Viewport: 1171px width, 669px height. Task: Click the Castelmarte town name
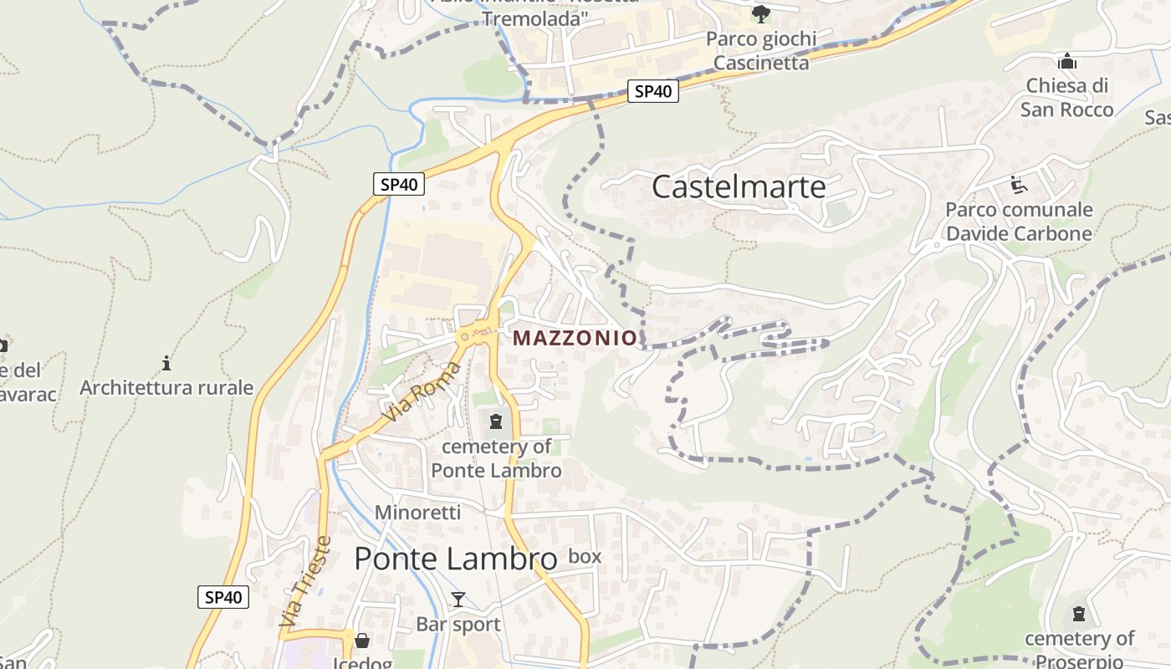point(739,186)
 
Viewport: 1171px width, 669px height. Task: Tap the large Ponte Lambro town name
point(455,559)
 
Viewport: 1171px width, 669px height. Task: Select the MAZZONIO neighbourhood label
point(575,338)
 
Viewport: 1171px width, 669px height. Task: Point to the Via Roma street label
point(421,391)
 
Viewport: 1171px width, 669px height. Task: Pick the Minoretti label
point(417,512)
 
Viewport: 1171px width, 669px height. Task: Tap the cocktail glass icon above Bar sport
point(458,599)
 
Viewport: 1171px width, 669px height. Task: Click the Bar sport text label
point(458,624)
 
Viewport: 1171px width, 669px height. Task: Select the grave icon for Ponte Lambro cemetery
point(496,421)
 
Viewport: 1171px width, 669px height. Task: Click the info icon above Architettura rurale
point(166,363)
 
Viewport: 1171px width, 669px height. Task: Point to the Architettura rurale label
point(166,387)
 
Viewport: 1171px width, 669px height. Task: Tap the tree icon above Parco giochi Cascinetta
point(760,13)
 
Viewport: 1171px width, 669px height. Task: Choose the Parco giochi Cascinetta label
point(761,51)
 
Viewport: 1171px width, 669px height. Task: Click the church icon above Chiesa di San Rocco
point(1066,61)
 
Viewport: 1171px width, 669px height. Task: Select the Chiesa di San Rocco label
point(1066,97)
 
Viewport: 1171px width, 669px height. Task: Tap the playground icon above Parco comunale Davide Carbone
point(1019,184)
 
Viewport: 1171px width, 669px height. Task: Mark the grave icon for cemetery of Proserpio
point(1079,615)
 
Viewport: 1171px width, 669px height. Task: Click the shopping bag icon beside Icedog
point(362,641)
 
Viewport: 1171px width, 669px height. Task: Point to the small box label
point(585,556)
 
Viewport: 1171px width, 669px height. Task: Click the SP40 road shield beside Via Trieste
point(223,597)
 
